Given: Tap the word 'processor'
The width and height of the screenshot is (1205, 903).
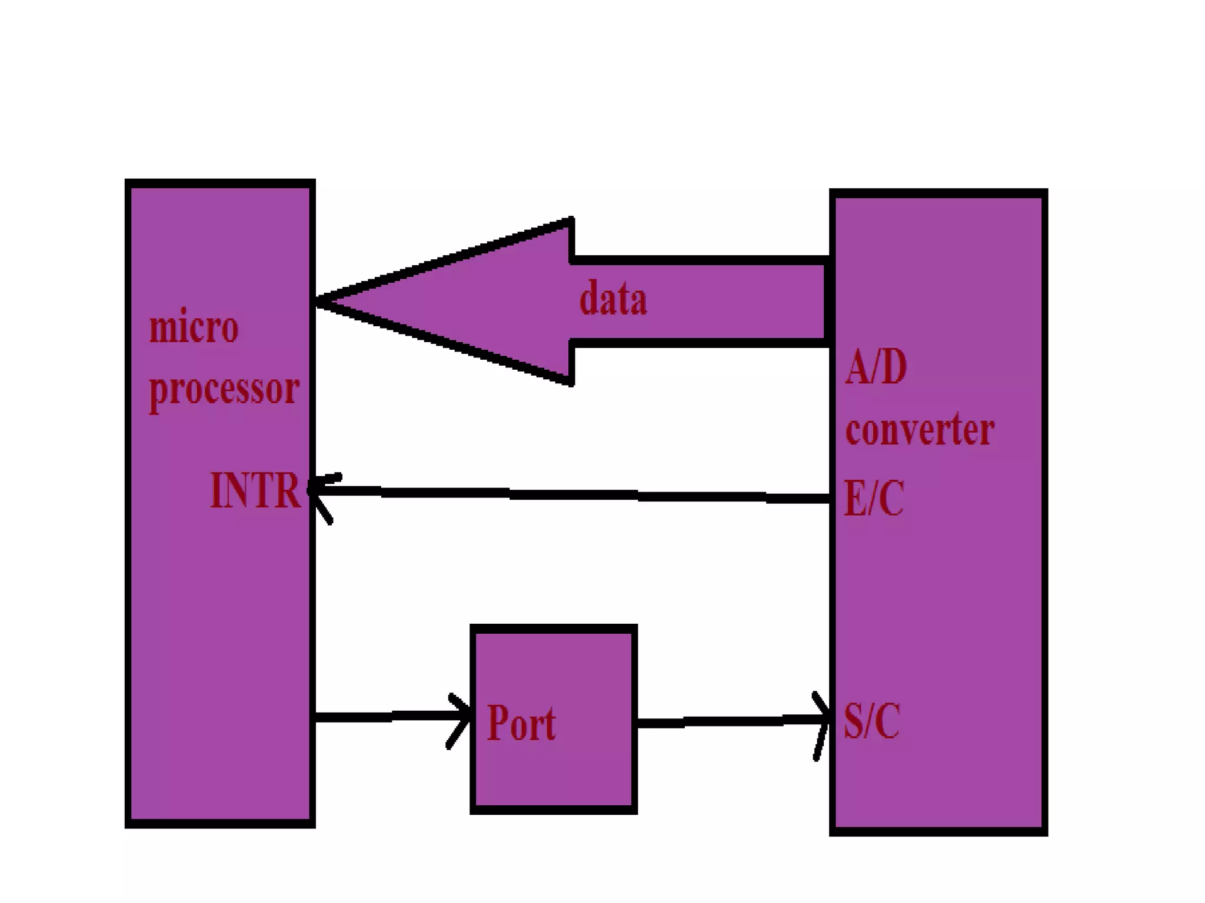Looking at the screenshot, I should point(224,390).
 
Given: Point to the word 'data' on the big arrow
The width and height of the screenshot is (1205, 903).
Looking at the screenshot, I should point(613,299).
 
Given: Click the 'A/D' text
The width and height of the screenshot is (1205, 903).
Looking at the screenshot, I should point(876,367).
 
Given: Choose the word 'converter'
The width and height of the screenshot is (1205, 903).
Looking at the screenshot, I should point(920,430).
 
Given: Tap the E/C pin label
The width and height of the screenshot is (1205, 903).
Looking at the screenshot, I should point(874,499).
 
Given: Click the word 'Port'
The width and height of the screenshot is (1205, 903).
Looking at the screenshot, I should point(521,723).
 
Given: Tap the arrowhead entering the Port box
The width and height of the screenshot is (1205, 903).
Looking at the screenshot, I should point(462,718).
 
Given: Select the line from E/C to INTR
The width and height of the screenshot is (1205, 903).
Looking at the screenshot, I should point(577,495).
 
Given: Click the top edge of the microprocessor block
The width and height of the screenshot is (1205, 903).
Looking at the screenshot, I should point(220,183).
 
